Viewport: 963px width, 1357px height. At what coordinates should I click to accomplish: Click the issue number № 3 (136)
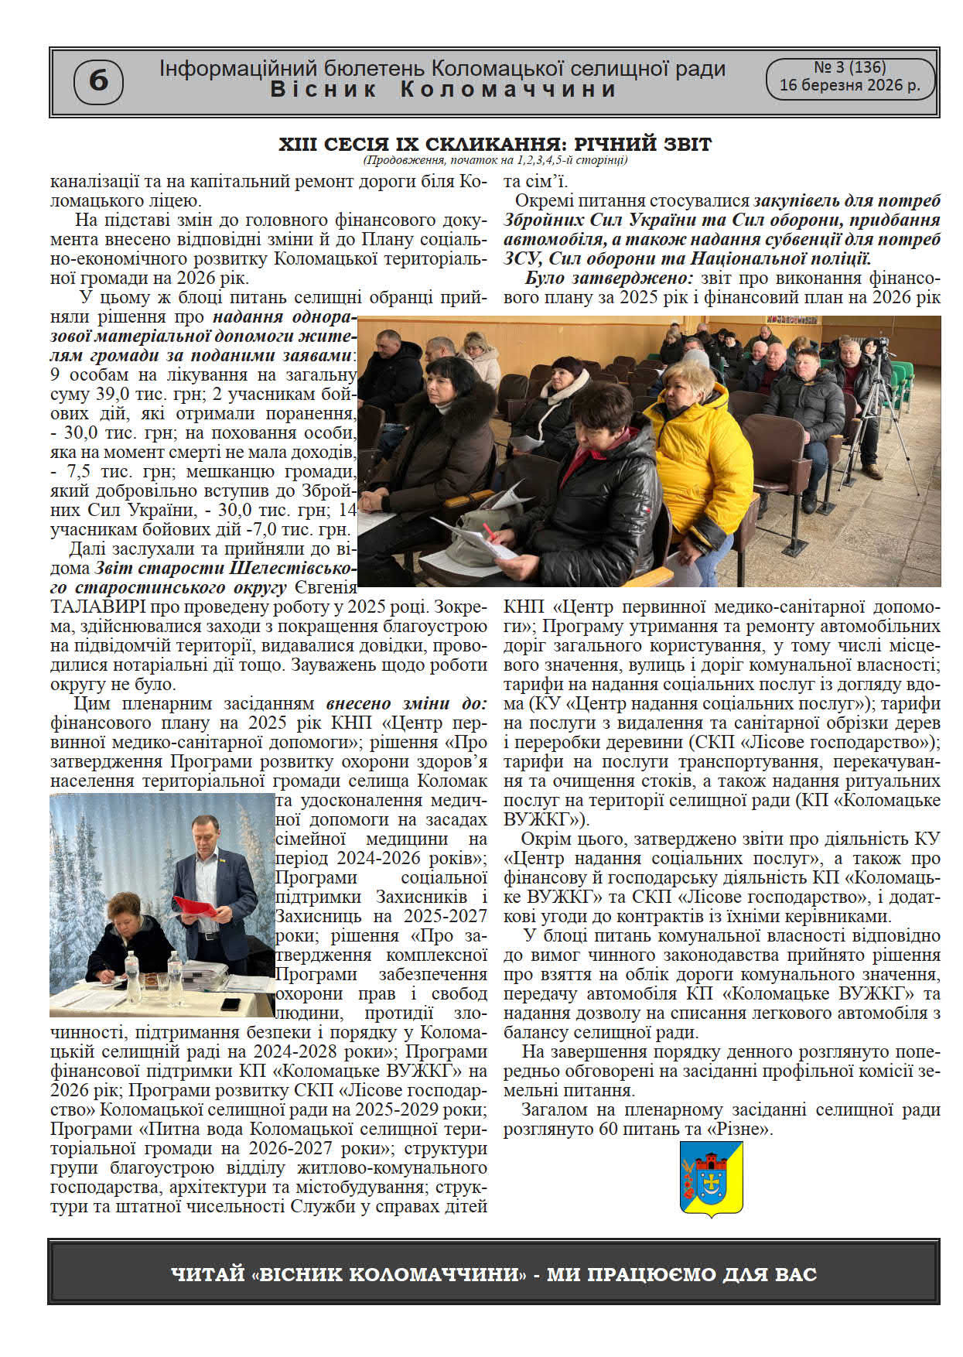click(849, 67)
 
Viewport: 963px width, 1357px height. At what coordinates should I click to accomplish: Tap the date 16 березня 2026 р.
click(849, 86)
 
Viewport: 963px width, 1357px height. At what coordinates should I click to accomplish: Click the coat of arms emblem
click(711, 1178)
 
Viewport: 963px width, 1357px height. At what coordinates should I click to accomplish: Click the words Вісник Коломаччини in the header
click(443, 90)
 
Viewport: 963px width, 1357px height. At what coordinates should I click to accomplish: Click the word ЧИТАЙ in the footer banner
click(207, 1274)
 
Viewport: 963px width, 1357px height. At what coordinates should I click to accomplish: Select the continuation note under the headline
click(495, 161)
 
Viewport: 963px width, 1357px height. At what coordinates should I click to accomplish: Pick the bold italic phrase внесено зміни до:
click(406, 703)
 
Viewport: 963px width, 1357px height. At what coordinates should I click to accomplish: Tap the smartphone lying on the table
click(231, 1004)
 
